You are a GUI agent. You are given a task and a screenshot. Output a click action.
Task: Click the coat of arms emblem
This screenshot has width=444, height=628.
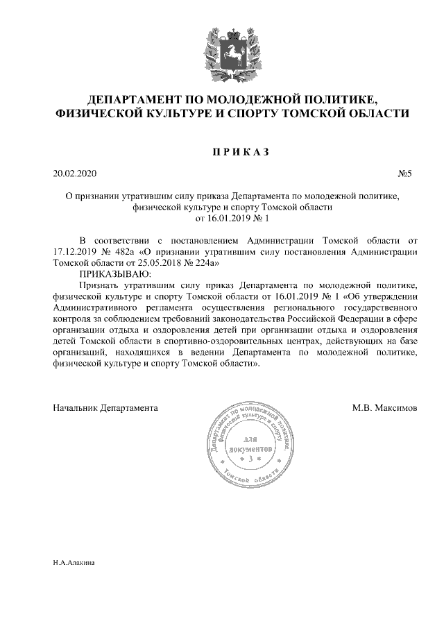(221, 49)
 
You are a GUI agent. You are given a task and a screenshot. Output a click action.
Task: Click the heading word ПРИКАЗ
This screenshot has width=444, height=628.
(221, 152)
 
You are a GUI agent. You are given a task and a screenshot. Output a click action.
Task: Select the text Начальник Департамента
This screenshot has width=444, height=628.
(105, 407)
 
